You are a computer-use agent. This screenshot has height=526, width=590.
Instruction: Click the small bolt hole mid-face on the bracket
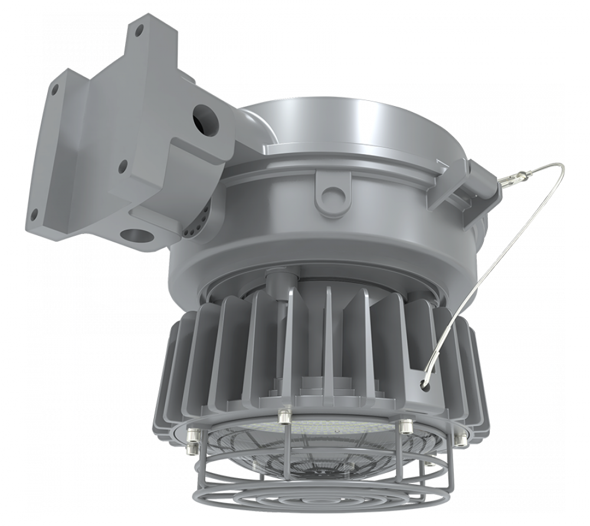[123, 167]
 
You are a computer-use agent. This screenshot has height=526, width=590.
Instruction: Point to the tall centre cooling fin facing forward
[328, 342]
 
